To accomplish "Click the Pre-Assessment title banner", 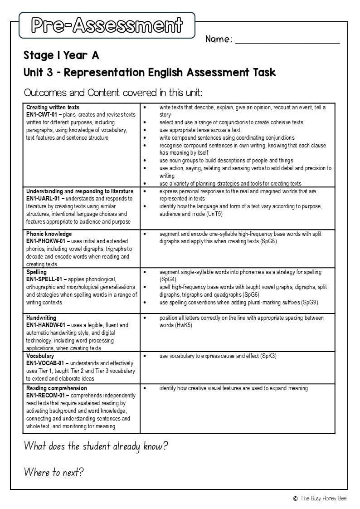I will point(107,25).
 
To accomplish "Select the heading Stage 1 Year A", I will point(61,55).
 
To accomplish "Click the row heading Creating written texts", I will point(53,108).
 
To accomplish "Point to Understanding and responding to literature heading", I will point(80,191).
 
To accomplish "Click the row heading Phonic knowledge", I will point(49,234).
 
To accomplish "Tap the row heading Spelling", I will point(36,272).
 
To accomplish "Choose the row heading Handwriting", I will point(41,318).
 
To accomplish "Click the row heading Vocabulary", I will point(40,356).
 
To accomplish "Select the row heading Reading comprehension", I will point(57,388).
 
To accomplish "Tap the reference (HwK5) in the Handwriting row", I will point(183,325).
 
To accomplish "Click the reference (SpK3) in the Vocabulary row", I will point(268,356).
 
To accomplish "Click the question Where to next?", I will point(54,472).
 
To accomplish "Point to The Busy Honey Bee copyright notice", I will point(320,498).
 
